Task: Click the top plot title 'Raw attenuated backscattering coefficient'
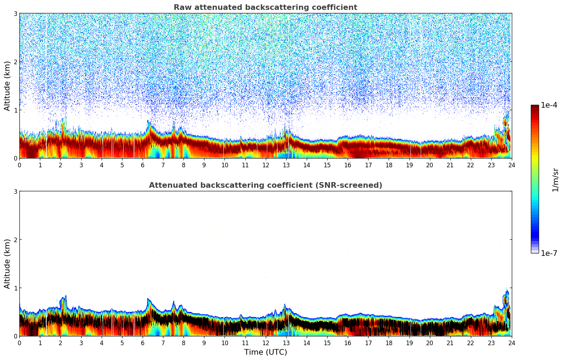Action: coord(265,7)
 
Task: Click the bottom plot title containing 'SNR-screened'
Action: coord(265,185)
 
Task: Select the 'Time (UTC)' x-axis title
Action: coord(265,352)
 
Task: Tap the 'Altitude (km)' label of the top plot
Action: coord(7,86)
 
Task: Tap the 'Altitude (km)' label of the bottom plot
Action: coord(7,264)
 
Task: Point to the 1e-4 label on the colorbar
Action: coord(549,105)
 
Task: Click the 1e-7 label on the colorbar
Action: coord(549,253)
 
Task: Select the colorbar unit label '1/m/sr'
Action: coord(555,180)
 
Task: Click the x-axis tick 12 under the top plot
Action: coord(265,165)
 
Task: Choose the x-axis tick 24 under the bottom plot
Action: coord(511,343)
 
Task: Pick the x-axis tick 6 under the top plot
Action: coord(143,165)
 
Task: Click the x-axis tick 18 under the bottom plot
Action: coord(389,343)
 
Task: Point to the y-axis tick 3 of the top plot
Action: coord(16,13)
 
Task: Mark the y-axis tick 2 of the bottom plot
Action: coord(16,240)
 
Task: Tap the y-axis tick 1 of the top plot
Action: coord(16,110)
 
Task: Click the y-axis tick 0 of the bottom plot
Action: coord(16,336)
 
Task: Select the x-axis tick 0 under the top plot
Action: coord(19,165)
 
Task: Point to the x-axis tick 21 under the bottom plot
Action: coord(450,343)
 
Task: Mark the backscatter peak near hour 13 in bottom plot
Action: coord(285,305)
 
